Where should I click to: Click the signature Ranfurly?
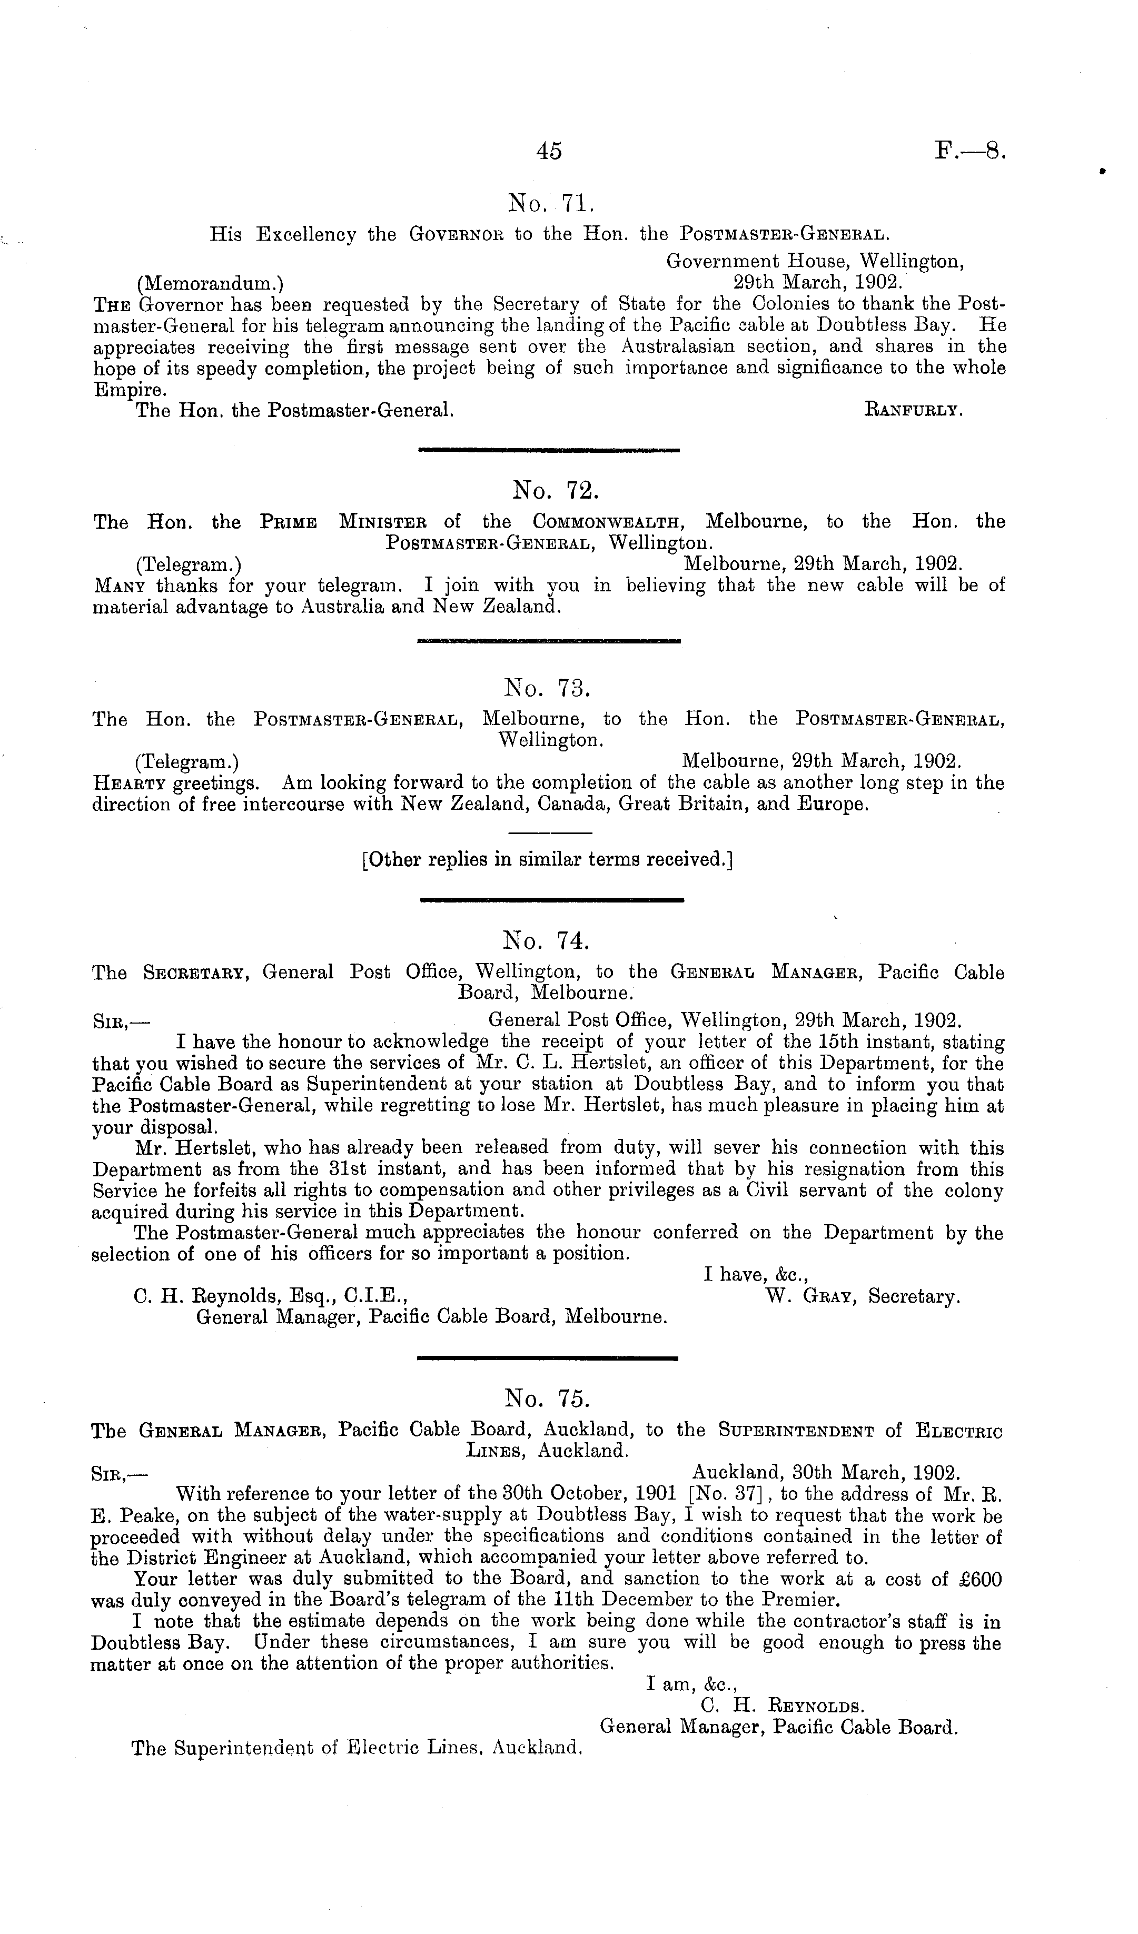(913, 411)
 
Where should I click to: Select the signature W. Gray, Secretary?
(863, 1297)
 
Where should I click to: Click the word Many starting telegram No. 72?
(121, 587)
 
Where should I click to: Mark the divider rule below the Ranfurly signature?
(549, 450)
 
